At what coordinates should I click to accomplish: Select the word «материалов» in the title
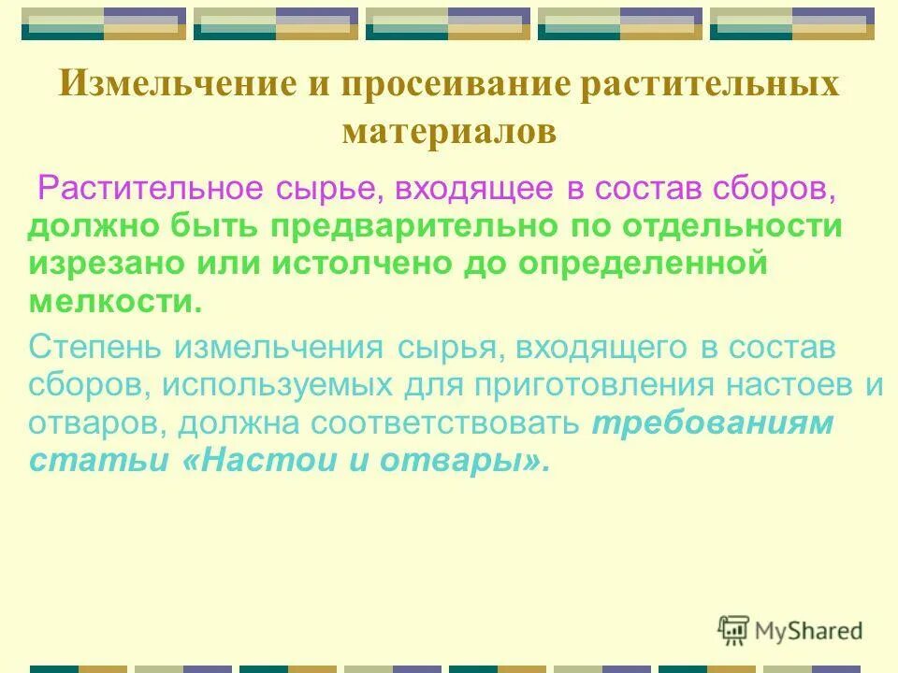coord(449,131)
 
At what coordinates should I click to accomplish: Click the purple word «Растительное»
coord(150,188)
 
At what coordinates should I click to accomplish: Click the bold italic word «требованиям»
coord(711,423)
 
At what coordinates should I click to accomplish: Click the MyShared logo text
coord(808,631)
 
